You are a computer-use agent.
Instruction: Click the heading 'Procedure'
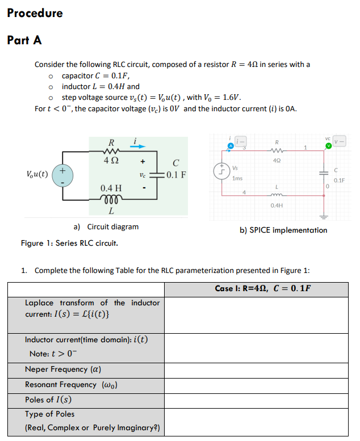click(35, 13)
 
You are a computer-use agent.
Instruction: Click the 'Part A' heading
click(24, 40)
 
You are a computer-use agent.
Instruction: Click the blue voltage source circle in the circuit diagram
click(62, 175)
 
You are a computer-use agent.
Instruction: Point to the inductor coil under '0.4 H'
click(111, 199)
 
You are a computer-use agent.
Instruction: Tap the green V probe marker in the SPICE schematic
click(328, 145)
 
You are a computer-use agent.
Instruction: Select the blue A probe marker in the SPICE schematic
click(231, 145)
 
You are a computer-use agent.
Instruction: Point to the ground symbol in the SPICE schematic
click(325, 216)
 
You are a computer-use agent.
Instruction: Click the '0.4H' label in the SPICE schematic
click(277, 205)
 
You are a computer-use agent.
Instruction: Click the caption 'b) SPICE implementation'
click(283, 230)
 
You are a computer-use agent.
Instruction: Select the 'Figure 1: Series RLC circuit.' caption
click(69, 243)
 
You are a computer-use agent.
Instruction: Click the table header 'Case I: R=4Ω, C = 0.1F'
click(263, 288)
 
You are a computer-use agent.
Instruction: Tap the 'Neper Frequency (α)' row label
click(63, 369)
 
